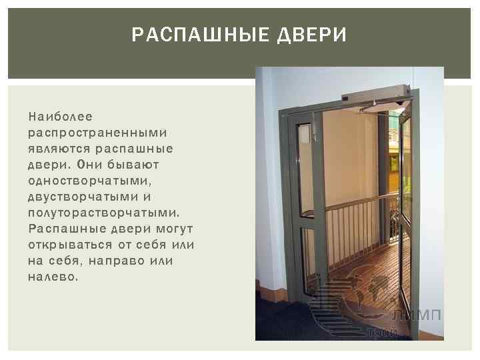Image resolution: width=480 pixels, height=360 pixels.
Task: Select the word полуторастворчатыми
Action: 103,212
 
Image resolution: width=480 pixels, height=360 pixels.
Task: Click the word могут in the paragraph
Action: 175,228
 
